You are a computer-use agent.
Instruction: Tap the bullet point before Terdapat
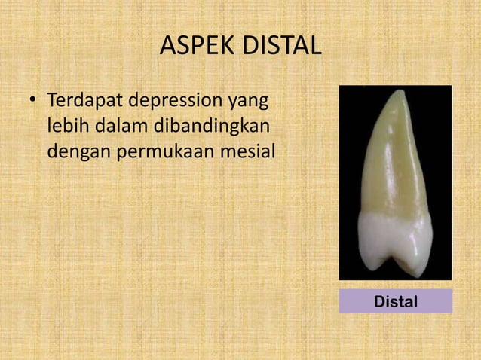click(32, 101)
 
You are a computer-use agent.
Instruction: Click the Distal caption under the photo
click(395, 301)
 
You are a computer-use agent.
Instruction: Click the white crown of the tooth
click(395, 237)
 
